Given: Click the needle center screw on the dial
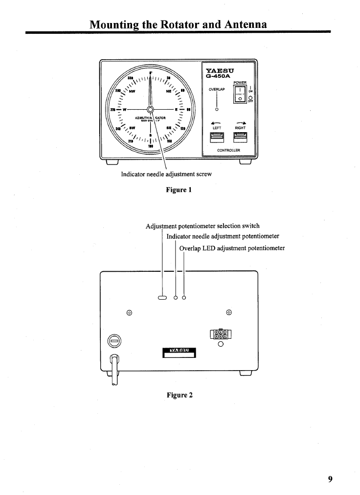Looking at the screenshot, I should tap(151, 109).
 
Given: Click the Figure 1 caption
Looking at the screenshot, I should tap(178, 189).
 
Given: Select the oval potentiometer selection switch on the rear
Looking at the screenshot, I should tap(162, 297).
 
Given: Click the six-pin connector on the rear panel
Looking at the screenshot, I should tap(220, 334).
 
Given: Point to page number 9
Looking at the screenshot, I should tap(330, 479).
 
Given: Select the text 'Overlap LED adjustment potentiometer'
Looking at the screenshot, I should tap(232, 248).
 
